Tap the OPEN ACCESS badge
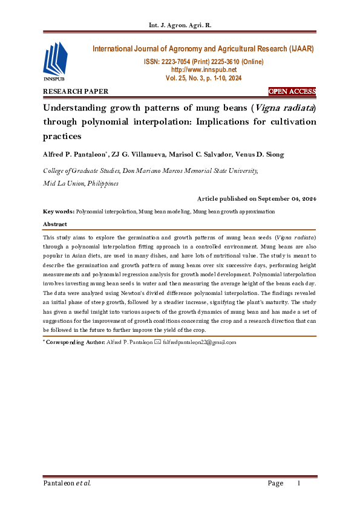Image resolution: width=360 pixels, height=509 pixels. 292,91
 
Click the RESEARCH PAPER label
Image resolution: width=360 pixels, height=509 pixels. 76,91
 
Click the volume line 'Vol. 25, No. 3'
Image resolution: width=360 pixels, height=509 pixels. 203,78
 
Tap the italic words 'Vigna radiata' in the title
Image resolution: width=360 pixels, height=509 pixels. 280,109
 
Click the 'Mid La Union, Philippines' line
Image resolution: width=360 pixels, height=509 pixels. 80,183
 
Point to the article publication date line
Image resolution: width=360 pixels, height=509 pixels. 257,198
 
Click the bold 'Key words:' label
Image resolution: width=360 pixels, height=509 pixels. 59,212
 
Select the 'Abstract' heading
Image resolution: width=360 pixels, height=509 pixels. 55,224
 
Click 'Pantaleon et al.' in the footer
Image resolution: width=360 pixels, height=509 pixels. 67,483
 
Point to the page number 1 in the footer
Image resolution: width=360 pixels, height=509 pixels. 298,483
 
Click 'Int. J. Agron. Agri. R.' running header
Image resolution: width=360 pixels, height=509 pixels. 180,25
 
